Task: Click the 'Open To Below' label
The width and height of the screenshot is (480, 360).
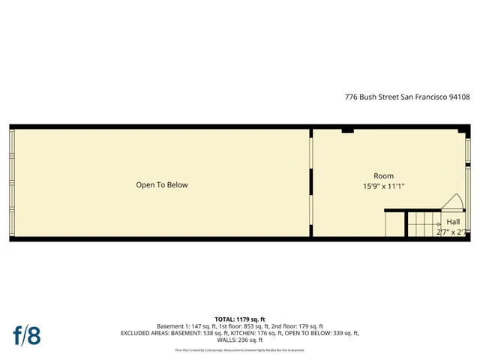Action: point(162,185)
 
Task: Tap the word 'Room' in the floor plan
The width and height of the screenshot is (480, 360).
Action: point(383,176)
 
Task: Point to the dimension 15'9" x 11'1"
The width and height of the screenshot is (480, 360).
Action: point(383,187)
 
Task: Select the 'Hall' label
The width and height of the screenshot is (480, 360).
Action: point(453,222)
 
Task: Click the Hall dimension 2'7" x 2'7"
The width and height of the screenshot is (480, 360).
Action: point(453,232)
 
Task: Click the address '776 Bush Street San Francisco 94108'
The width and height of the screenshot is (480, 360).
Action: point(407,97)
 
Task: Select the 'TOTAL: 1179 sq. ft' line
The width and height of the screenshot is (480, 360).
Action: point(240,319)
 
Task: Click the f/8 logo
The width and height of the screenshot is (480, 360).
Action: point(26,334)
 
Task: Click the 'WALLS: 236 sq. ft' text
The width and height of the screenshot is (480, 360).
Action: point(240,340)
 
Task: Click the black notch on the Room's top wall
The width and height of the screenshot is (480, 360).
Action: point(347,131)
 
